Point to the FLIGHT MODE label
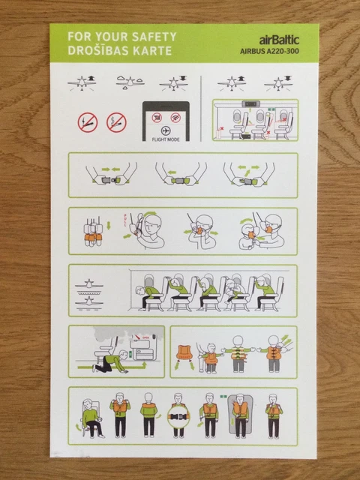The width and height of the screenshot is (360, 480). click(x=166, y=139)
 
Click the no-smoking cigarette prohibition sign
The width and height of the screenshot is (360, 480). click(x=88, y=122)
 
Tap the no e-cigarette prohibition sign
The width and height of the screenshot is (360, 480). click(x=116, y=122)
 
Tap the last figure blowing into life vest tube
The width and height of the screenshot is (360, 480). click(x=274, y=417)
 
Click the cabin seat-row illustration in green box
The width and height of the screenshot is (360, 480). click(x=255, y=120)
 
